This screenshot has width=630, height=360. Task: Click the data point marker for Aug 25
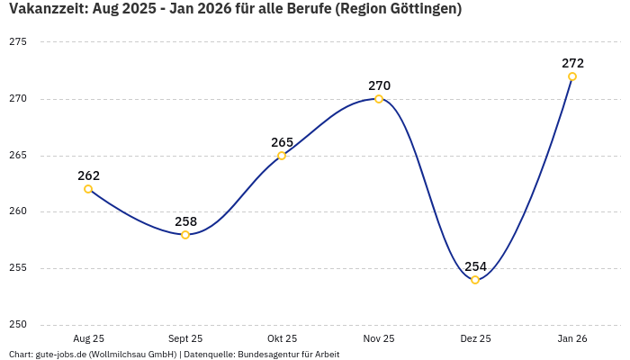tap(88, 189)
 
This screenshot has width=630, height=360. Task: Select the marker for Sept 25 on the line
tap(185, 235)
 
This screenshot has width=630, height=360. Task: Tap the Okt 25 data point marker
tap(282, 156)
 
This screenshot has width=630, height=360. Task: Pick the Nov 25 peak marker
tap(379, 99)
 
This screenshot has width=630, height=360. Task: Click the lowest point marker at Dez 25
tap(475, 280)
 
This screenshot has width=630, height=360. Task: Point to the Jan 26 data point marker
tap(572, 76)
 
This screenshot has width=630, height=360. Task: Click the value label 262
tap(88, 175)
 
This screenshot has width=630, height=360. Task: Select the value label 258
tap(185, 221)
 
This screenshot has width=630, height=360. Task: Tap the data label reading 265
tap(282, 142)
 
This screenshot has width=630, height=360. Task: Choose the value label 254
tap(475, 266)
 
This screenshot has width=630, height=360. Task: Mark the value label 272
tap(572, 63)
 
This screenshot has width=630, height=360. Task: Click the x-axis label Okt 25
tap(282, 338)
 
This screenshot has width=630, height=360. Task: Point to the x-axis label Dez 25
tap(475, 338)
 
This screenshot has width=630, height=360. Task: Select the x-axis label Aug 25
tap(88, 338)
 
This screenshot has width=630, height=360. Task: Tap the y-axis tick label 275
tap(18, 42)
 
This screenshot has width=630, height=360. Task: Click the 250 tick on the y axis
tap(18, 325)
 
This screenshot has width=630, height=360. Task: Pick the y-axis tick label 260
tap(18, 212)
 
